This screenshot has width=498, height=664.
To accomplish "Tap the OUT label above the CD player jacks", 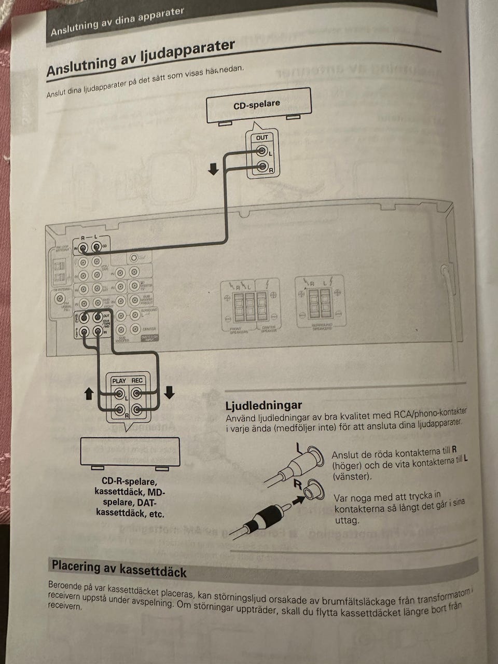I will click(262, 137).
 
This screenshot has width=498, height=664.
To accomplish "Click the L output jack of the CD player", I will click(261, 151).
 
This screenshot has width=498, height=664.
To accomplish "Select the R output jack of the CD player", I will click(262, 167).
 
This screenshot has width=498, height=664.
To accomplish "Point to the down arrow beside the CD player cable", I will click(214, 169).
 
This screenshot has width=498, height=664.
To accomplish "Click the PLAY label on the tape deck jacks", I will click(119, 381).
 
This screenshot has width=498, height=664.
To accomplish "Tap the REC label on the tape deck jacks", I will click(137, 381).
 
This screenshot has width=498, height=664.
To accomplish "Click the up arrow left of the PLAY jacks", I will click(89, 394).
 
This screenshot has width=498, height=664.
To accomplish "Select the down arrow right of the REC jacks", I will click(169, 393).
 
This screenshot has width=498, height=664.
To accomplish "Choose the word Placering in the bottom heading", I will click(76, 566).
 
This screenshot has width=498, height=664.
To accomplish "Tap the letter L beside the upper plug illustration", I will click(298, 446).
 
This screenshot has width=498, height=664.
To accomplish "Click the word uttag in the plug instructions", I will click(347, 520).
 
